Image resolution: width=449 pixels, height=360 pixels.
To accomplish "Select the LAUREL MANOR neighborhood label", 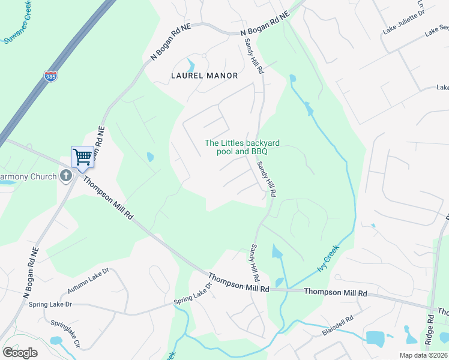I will tap(204, 76).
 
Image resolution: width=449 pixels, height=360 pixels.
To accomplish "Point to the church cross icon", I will tap(67, 176).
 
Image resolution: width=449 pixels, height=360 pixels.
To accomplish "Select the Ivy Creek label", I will tap(327, 257).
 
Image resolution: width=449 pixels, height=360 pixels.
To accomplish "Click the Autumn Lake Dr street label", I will tap(88, 281).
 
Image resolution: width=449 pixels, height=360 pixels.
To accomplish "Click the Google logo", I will tap(20, 352).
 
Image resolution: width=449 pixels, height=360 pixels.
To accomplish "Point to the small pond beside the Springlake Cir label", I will tap(56, 341).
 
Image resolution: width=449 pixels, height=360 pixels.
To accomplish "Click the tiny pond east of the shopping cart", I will tap(149, 157).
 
